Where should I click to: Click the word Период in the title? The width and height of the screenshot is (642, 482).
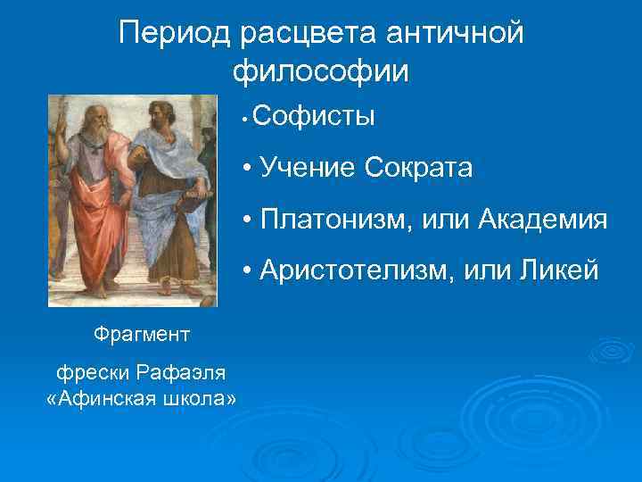pyautogui.click(x=175, y=34)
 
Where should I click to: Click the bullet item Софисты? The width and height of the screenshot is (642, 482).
pyautogui.click(x=314, y=117)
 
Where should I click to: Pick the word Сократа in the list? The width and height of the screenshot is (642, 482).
pyautogui.click(x=418, y=167)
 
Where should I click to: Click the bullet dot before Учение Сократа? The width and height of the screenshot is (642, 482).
pyautogui.click(x=245, y=168)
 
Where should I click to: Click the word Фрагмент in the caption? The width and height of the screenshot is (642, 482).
pyautogui.click(x=141, y=335)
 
